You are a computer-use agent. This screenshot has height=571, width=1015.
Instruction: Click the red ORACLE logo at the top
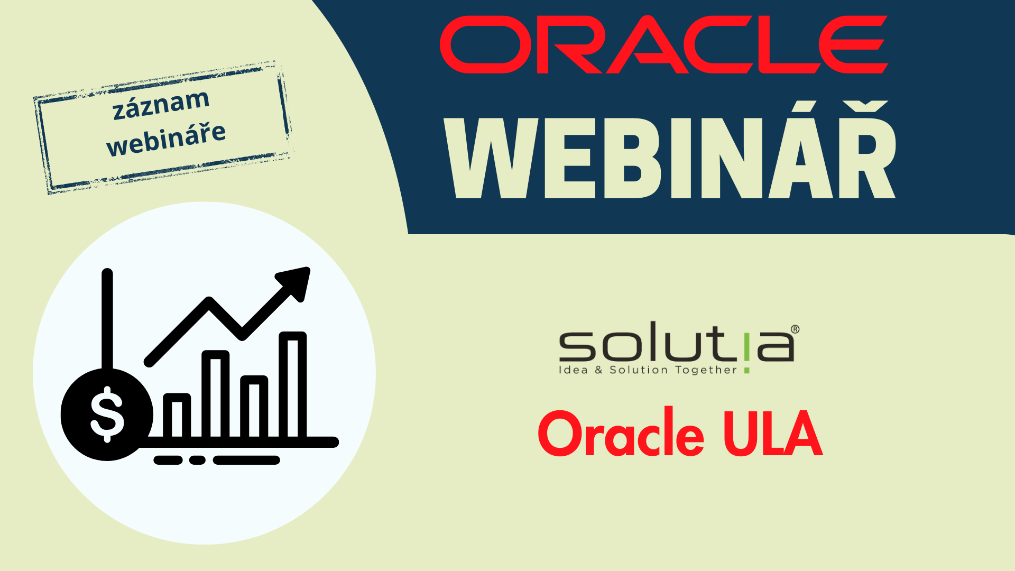663,44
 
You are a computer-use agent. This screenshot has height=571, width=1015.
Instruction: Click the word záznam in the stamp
161,104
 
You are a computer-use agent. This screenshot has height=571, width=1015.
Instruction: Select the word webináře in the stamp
166,139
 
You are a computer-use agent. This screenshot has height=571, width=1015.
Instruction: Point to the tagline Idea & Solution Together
648,370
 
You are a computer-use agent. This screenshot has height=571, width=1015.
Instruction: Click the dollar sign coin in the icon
107,415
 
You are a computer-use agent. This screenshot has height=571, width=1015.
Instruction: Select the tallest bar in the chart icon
293,385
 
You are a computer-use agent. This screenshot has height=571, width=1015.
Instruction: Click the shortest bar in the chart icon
177,416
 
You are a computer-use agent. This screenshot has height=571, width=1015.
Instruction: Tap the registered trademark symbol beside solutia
795,330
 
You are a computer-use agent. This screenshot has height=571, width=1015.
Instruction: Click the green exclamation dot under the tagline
746,371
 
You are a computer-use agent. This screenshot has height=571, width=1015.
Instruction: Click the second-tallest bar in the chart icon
215,394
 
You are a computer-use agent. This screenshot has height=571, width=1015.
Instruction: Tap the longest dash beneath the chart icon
246,461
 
